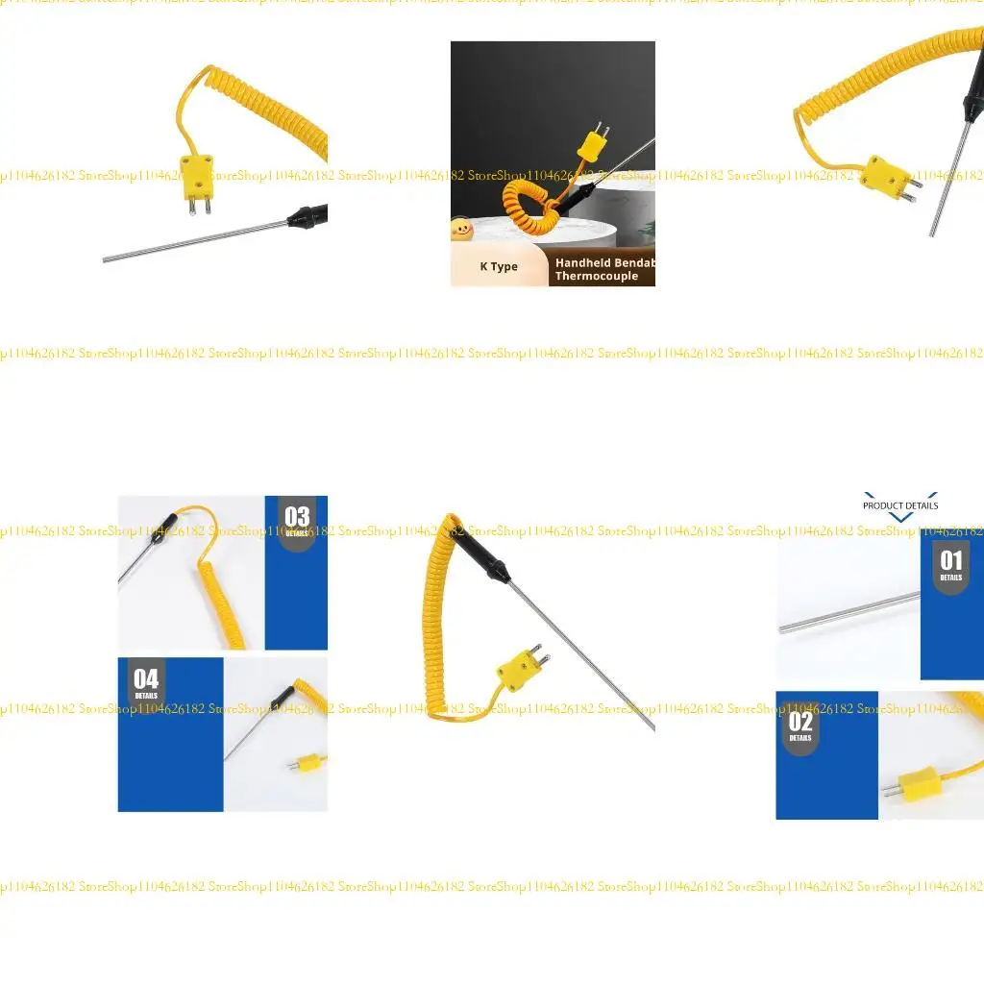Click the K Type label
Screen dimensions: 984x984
coord(499,267)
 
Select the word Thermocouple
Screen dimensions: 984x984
coord(596,277)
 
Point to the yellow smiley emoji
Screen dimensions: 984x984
coord(462,229)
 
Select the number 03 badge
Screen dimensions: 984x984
coord(297,520)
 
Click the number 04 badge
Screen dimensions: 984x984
coord(146,682)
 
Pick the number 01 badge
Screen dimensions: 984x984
coord(950,564)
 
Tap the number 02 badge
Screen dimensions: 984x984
coord(800,725)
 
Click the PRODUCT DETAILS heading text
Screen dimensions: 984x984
coord(900,505)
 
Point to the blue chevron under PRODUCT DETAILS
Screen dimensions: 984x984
coord(900,517)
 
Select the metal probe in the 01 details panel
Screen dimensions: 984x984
coord(846,613)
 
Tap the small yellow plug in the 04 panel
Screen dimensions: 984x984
coord(307,764)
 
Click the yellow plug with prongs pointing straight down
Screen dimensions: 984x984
coord(196,178)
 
